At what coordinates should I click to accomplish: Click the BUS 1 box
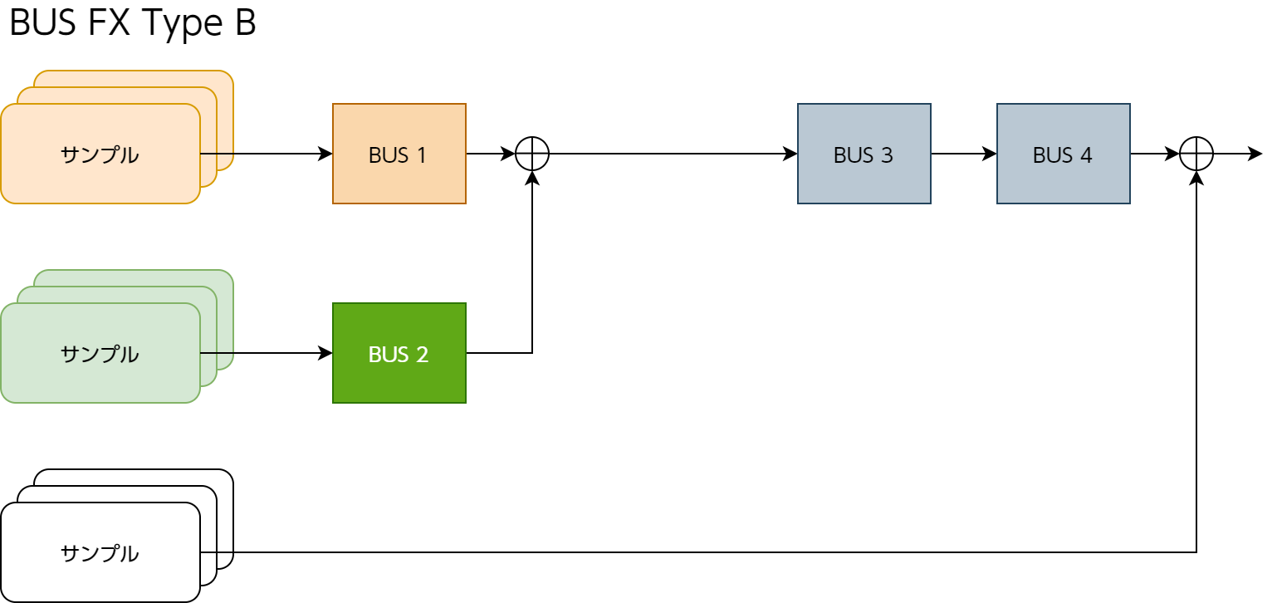pos(399,154)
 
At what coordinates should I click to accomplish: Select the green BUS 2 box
pos(399,353)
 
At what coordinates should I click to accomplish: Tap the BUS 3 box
pos(864,154)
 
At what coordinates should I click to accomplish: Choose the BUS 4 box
pos(1063,154)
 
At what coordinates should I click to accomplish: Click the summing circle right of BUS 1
pos(532,154)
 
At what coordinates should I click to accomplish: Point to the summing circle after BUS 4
pos(1196,154)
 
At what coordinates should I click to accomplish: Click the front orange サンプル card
pos(100,174)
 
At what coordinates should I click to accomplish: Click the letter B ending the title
pos(245,23)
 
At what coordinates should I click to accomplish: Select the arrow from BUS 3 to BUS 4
pos(963,154)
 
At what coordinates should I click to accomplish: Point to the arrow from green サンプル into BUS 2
pos(266,353)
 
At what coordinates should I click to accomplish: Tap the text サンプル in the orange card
pos(100,154)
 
